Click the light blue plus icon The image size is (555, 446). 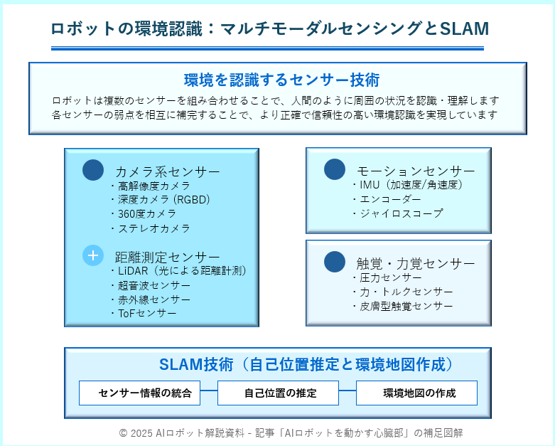click(x=93, y=255)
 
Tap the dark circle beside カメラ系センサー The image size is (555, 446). click(x=93, y=170)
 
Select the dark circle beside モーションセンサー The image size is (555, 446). click(x=335, y=169)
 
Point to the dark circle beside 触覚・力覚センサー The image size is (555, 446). click(x=335, y=262)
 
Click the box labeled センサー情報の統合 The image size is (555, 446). click(x=139, y=393)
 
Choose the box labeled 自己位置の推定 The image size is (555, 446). click(x=278, y=393)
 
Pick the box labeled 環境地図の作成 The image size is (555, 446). click(x=416, y=393)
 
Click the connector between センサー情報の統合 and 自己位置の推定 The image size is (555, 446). click(x=209, y=391)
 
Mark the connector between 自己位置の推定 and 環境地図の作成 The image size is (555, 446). click(x=347, y=391)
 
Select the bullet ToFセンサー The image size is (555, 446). click(x=144, y=314)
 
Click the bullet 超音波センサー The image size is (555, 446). click(x=151, y=285)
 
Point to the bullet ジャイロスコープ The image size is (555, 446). click(x=397, y=213)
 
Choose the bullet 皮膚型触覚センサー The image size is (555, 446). click(x=402, y=306)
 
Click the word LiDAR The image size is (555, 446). click(x=133, y=271)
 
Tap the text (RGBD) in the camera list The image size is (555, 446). click(x=191, y=200)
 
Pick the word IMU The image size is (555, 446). click(x=370, y=184)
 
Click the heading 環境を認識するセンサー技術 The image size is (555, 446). click(x=281, y=80)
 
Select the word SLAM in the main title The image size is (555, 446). click(x=464, y=28)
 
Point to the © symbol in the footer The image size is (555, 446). click(x=123, y=433)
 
